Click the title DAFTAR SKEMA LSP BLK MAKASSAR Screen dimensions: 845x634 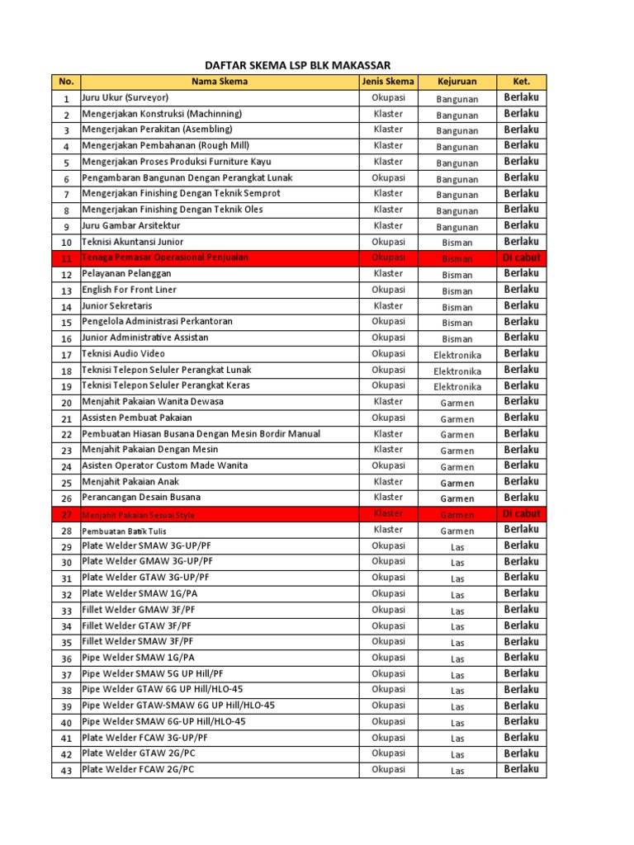point(297,65)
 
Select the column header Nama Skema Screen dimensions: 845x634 point(219,82)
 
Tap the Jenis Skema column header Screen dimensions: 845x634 point(388,82)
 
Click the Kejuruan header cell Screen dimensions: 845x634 point(457,82)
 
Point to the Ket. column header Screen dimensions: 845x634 point(521,82)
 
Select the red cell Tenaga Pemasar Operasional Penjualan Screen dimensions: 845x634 point(165,257)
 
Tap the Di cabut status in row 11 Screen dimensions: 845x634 point(521,257)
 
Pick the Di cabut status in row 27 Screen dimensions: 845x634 point(521,513)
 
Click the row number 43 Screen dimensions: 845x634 point(66,771)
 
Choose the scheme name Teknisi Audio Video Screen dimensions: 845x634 point(123,354)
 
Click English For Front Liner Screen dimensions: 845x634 point(129,290)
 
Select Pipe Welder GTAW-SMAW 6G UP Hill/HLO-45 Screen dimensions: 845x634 point(178,706)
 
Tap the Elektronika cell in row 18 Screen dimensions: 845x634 point(457,371)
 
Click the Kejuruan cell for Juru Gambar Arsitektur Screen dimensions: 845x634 point(457,226)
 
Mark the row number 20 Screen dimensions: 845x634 point(66,403)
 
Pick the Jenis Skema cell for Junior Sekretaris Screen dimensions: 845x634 point(388,305)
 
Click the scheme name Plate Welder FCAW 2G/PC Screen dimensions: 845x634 point(138,770)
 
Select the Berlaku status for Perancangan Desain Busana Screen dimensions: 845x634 point(521,498)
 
